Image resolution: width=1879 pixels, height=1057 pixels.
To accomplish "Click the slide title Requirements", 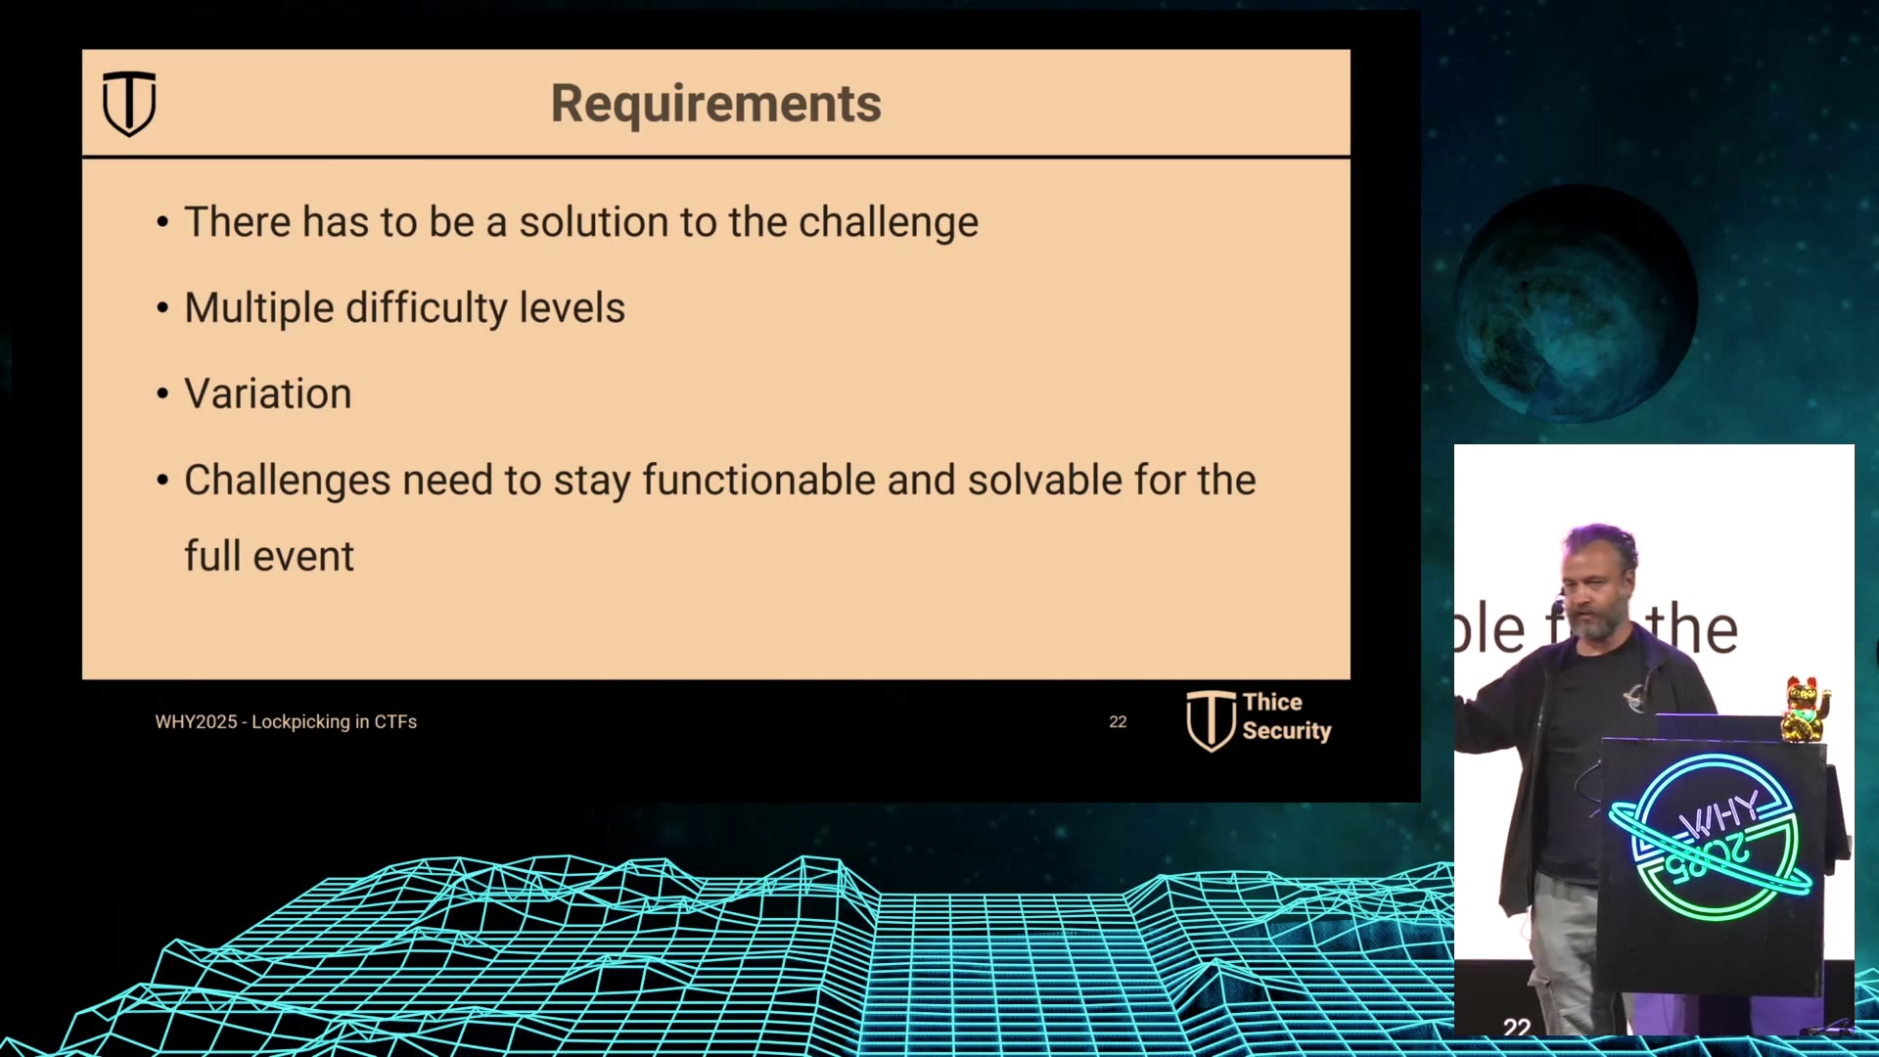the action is pyautogui.click(x=715, y=103).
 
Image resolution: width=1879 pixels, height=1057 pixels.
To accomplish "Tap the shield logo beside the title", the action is pyautogui.click(x=129, y=103).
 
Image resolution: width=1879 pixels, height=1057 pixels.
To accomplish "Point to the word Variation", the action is pyautogui.click(x=268, y=394).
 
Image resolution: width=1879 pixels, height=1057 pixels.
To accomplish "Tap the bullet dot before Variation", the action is pyautogui.click(x=162, y=394).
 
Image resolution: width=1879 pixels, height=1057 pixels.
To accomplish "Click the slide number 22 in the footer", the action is pyautogui.click(x=1118, y=722).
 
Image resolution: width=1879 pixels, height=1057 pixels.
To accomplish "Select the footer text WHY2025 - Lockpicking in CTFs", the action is pyautogui.click(x=286, y=722).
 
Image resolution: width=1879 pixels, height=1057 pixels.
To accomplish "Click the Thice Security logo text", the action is pyautogui.click(x=1286, y=716).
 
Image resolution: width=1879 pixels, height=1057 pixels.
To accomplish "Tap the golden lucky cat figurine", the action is pyautogui.click(x=1805, y=709).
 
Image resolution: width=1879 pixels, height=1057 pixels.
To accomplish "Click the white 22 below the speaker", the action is pyautogui.click(x=1517, y=1027).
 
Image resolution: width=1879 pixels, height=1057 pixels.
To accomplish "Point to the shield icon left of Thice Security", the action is pyautogui.click(x=1211, y=720).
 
